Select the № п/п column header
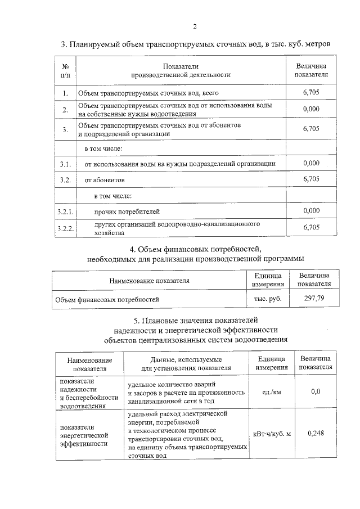coord(65,70)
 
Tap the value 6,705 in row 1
coord(310,92)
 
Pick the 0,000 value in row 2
coord(310,109)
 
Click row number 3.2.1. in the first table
coord(66,211)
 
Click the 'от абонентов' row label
coord(101,180)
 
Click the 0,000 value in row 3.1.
coord(310,163)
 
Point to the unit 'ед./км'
coord(272,391)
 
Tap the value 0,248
coord(315,433)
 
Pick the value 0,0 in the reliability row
coord(315,391)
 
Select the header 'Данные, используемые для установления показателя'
coord(186,363)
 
